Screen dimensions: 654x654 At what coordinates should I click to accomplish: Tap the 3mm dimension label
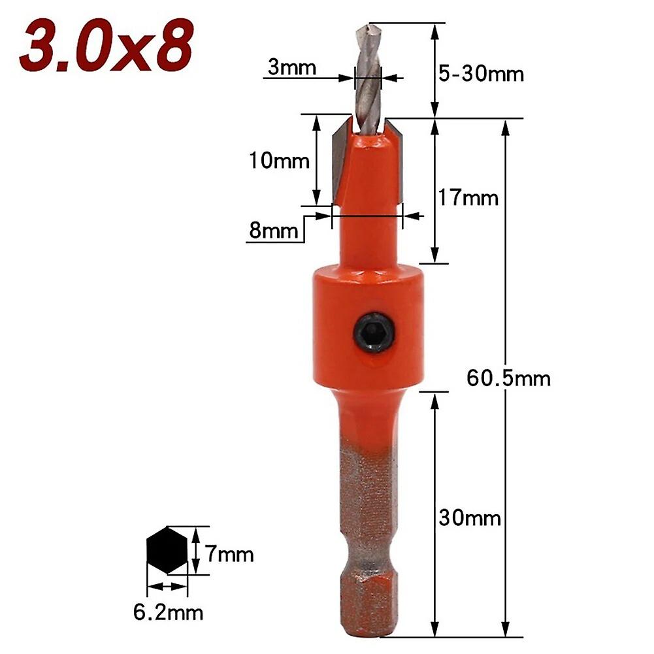[x=291, y=67]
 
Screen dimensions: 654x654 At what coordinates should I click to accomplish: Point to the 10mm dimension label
[x=279, y=161]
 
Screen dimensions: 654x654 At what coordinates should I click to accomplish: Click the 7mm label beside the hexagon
[x=225, y=555]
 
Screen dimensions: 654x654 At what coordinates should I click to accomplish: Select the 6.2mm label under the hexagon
[x=168, y=612]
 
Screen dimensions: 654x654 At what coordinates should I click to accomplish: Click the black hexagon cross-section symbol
[x=167, y=550]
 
